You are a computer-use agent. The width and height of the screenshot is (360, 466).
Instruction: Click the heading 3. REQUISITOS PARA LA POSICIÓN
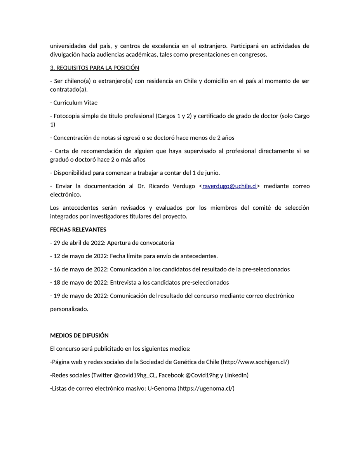click(94, 68)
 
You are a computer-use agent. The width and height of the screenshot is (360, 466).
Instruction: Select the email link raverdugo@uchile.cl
click(230, 186)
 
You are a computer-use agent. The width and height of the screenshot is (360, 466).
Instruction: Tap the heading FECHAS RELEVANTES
click(78, 230)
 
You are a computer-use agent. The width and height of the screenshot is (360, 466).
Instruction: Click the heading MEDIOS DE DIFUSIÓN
click(79, 336)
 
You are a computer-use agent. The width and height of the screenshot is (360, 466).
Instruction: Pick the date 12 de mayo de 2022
click(80, 256)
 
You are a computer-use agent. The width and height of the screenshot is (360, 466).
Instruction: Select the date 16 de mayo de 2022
click(80, 269)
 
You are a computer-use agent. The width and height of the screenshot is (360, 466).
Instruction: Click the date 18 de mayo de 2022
click(80, 282)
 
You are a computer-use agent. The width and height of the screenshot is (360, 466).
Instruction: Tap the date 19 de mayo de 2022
click(80, 296)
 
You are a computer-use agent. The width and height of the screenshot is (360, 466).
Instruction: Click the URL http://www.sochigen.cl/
click(255, 362)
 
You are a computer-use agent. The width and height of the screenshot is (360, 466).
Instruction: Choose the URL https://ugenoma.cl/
click(206, 388)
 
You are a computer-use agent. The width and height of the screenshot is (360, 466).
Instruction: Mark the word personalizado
click(69, 309)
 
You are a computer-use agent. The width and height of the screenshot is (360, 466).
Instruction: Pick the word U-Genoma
click(162, 388)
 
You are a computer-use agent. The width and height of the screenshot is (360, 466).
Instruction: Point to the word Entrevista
click(123, 282)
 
